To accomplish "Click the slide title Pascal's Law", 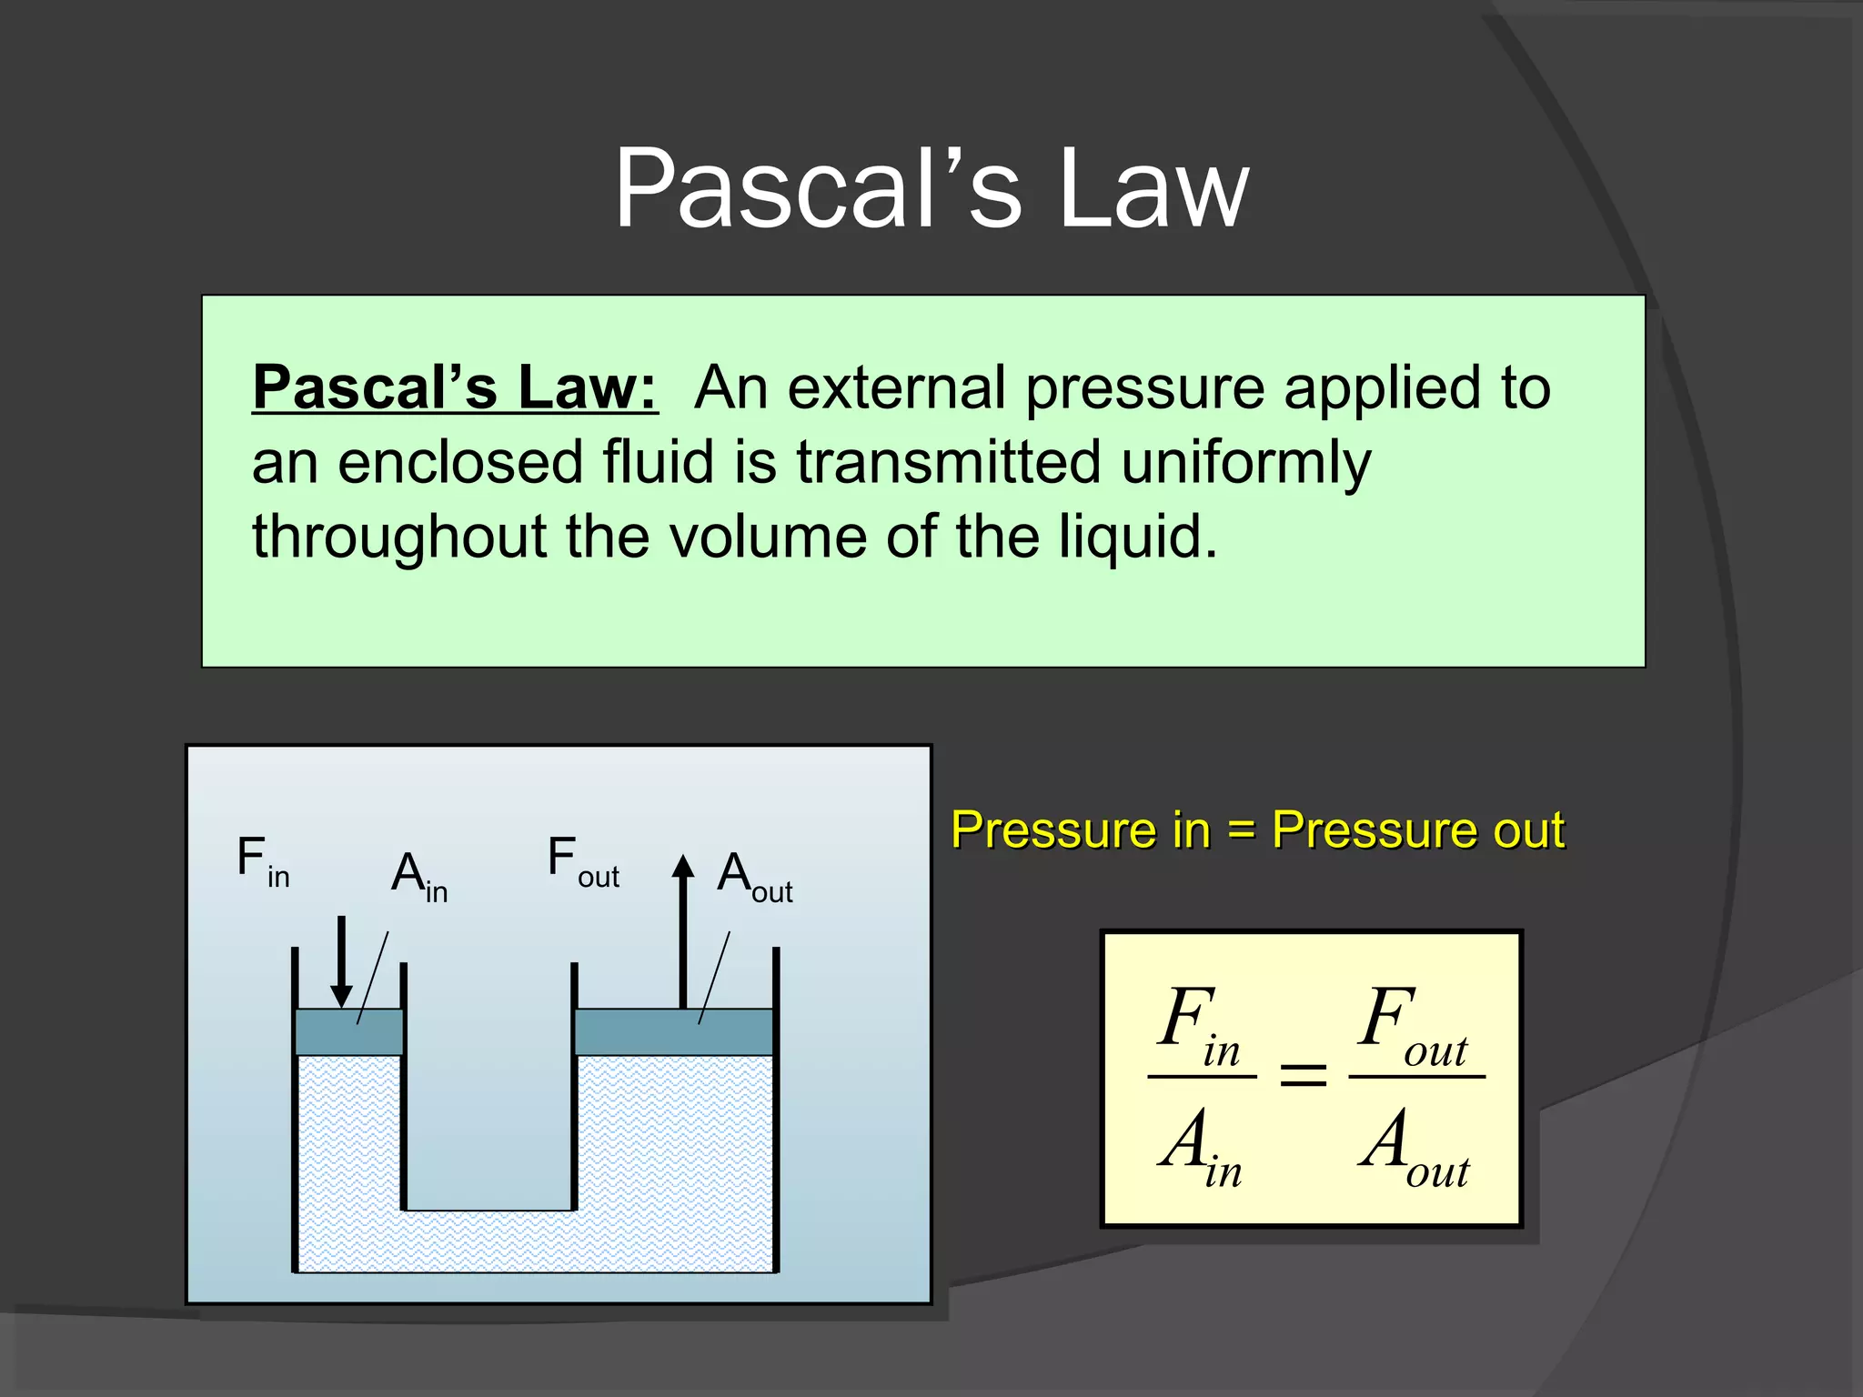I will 931,189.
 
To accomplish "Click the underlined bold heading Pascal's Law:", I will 455,387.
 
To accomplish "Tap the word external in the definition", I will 904,387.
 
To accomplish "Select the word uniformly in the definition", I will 1245,462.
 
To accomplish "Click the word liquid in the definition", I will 1137,537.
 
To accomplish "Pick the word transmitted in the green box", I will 949,462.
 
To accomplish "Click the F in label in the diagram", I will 262,860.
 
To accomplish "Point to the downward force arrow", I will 341,960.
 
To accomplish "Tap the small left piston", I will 349,1031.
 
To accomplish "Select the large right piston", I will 674,1031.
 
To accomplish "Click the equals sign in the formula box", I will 1303,1077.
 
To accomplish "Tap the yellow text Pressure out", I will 1418,829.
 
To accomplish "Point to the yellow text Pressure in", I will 1081,829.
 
